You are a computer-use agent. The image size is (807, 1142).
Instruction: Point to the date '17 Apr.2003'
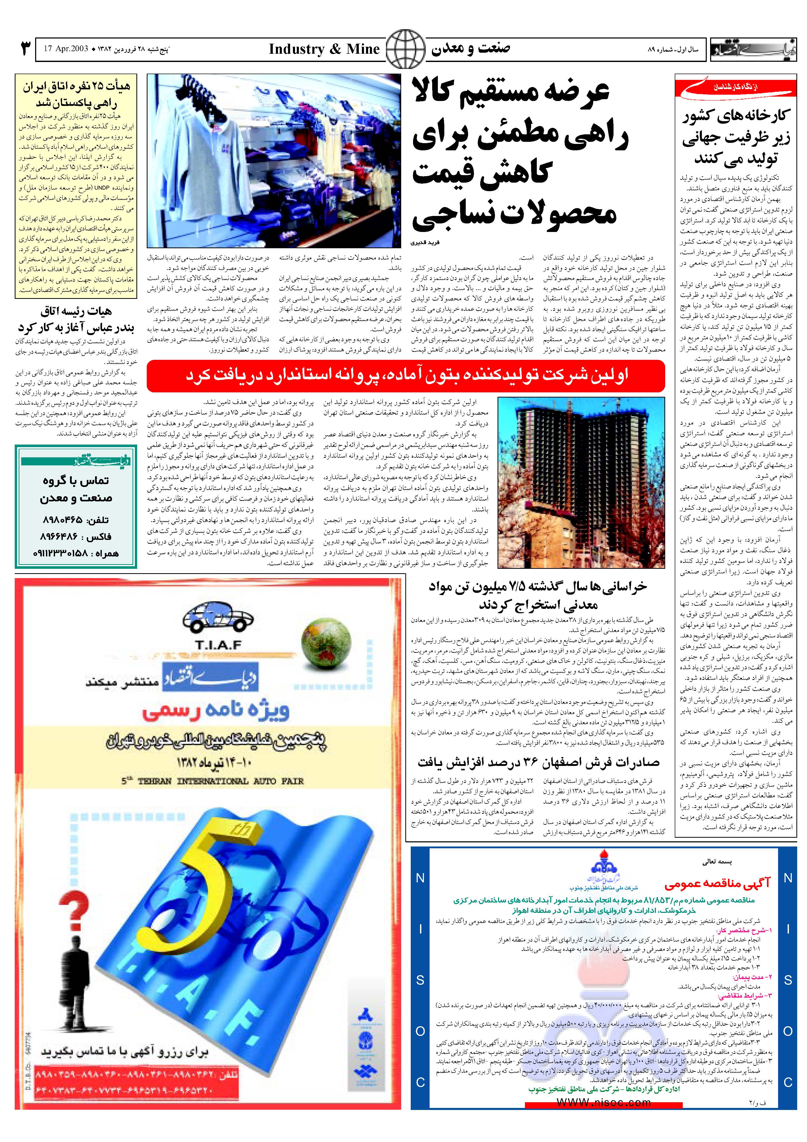tap(66, 49)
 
